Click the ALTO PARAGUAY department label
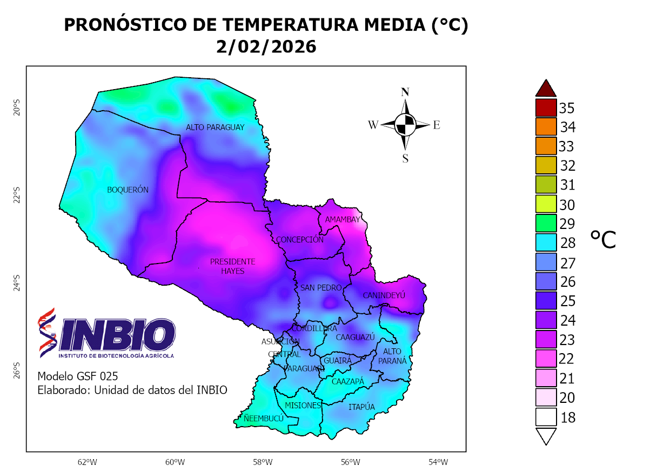click(x=215, y=127)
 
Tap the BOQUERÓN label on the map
click(x=128, y=190)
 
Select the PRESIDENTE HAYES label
click(x=232, y=266)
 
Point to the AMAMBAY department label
click(x=342, y=219)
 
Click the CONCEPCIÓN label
click(x=299, y=240)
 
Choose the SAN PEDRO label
click(x=321, y=288)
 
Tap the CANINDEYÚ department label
click(x=384, y=295)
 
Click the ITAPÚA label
click(x=361, y=407)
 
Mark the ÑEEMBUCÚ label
click(x=263, y=419)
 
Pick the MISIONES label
click(x=303, y=405)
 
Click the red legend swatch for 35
click(x=546, y=107)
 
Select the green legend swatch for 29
click(x=546, y=224)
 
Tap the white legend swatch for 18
click(x=546, y=417)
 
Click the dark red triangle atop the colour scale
click(x=546, y=87)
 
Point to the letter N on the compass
click(x=405, y=92)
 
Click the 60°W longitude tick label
click(x=175, y=462)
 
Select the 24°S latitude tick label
click(x=17, y=281)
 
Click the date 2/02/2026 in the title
click(x=266, y=47)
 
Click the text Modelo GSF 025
click(x=78, y=376)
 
